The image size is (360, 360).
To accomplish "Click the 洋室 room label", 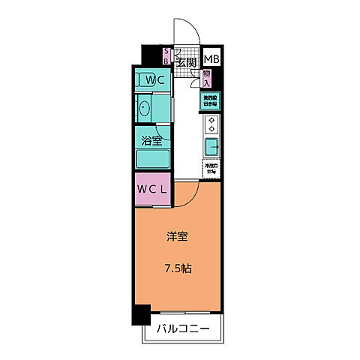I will (178, 237).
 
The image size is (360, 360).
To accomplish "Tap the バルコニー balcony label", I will (182, 328).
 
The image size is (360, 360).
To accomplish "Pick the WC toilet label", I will (155, 79).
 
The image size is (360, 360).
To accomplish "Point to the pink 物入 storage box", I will (207, 77).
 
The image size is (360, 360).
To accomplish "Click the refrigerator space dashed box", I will (211, 169).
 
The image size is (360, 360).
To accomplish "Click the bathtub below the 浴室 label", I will (154, 157).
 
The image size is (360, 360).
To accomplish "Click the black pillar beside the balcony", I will (140, 316).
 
